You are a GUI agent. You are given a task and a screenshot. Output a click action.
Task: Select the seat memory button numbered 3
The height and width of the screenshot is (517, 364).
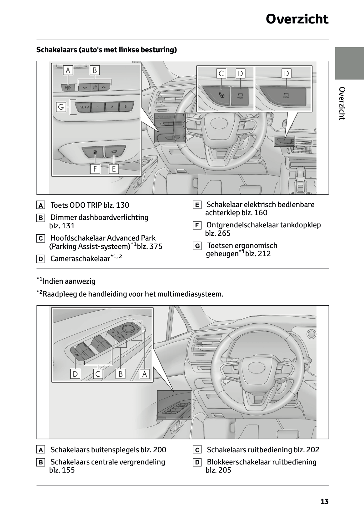click(x=126, y=107)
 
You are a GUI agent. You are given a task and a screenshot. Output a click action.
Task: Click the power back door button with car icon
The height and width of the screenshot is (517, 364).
click(x=114, y=152)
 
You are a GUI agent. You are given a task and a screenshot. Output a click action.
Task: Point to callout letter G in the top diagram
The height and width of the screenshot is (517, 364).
click(x=61, y=107)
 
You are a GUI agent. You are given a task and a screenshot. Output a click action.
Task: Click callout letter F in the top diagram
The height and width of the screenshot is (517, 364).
click(x=95, y=169)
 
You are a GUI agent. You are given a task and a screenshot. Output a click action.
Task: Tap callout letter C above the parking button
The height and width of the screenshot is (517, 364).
click(x=221, y=74)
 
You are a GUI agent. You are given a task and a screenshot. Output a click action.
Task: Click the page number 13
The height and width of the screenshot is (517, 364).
click(x=324, y=502)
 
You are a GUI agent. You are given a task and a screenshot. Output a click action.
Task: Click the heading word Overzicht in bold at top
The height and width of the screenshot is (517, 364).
click(x=297, y=19)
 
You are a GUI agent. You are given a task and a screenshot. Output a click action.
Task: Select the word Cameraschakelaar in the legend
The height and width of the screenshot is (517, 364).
click(x=80, y=259)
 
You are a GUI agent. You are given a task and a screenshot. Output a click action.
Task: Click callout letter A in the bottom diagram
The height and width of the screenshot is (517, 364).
click(x=144, y=374)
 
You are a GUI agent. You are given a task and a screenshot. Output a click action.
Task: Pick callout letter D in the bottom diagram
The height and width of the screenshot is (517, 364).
click(x=75, y=374)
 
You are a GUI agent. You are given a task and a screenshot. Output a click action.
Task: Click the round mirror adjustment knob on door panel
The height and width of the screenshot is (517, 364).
click(x=128, y=329)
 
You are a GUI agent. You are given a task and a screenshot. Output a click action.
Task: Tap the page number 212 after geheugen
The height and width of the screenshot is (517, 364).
click(x=262, y=254)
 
